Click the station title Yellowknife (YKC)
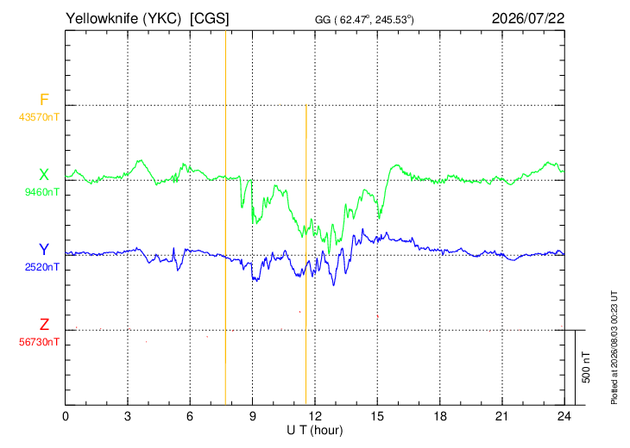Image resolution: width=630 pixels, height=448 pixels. [x=123, y=18]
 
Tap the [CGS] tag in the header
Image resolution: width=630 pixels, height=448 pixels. [x=210, y=18]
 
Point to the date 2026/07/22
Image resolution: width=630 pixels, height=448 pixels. [x=528, y=18]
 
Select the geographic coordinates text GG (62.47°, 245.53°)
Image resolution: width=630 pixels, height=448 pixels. [x=364, y=20]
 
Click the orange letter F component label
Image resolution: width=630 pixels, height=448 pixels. [x=44, y=99]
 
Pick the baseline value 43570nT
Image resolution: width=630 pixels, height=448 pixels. [x=39, y=117]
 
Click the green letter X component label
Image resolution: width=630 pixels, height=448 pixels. [x=44, y=175]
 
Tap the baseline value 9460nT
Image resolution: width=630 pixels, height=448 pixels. [x=41, y=192]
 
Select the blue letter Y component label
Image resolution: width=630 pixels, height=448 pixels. [x=44, y=250]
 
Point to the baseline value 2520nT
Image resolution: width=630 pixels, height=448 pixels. [x=41, y=267]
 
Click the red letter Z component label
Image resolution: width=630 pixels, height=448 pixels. [x=44, y=324]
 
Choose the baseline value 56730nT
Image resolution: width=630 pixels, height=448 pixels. [x=39, y=342]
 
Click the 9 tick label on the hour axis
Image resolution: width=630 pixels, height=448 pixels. [x=252, y=417]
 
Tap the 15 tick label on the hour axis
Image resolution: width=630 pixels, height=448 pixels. [x=377, y=417]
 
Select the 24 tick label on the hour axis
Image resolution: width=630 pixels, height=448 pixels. [x=564, y=417]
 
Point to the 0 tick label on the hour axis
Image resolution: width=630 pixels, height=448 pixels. [x=66, y=417]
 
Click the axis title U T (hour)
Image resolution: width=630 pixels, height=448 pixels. [x=315, y=431]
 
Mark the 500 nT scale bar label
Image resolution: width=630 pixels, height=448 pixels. [x=586, y=367]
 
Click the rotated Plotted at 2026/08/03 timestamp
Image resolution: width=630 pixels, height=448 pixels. [x=614, y=347]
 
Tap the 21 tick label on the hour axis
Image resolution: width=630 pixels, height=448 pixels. [x=501, y=417]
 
